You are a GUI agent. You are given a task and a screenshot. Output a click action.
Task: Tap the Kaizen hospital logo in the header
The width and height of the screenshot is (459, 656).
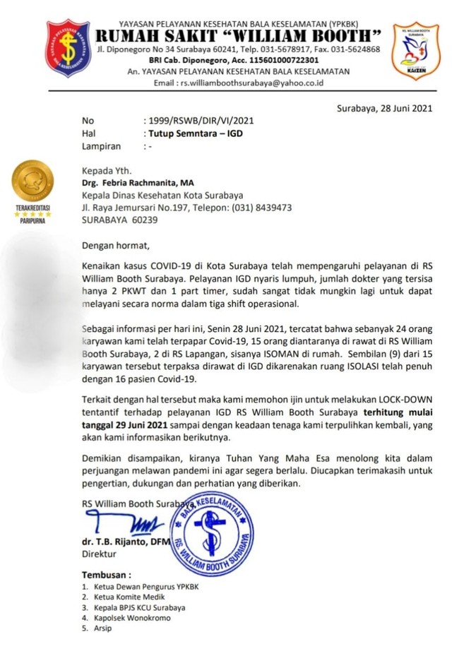pos(415,51)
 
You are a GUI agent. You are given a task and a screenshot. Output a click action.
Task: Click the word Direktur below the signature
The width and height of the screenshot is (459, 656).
pos(98,554)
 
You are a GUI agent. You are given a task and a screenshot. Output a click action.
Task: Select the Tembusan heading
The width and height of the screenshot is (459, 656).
pos(106,576)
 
